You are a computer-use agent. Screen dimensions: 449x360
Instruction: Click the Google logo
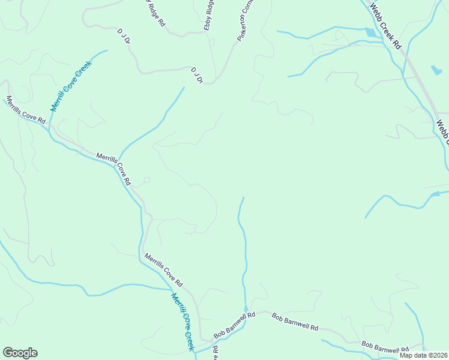(20, 353)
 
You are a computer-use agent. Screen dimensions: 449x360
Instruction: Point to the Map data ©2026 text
(423, 355)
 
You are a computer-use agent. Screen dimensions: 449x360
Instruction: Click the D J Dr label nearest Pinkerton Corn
(196, 75)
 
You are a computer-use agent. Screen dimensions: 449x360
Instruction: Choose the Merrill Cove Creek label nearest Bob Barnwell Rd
(183, 321)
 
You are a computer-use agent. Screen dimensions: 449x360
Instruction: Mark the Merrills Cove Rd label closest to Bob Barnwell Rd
(163, 269)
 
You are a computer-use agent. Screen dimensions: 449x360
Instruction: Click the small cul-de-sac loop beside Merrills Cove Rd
(146, 179)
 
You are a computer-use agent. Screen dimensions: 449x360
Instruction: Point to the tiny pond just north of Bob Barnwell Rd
(246, 308)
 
